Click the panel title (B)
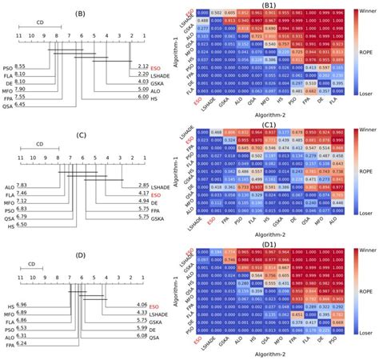click(81, 14)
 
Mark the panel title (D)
click(81, 254)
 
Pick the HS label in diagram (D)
click(8, 305)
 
